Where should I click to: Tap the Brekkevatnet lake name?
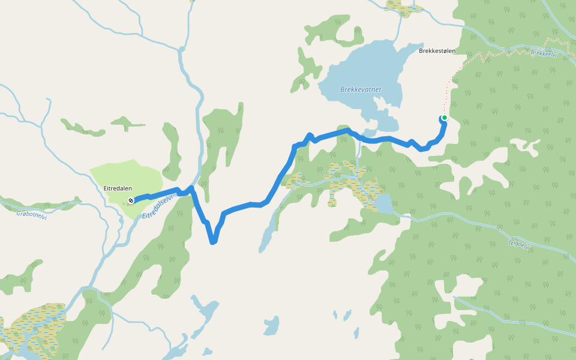pyautogui.click(x=361, y=89)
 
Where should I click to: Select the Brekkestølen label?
pyautogui.click(x=437, y=51)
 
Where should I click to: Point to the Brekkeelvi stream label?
pyautogui.click(x=544, y=53)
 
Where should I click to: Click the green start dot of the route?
pyautogui.click(x=444, y=118)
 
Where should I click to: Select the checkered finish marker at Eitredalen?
pyautogui.click(x=130, y=200)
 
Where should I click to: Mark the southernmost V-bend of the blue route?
pyautogui.click(x=212, y=242)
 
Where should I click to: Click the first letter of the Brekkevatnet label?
pyautogui.click(x=343, y=89)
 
